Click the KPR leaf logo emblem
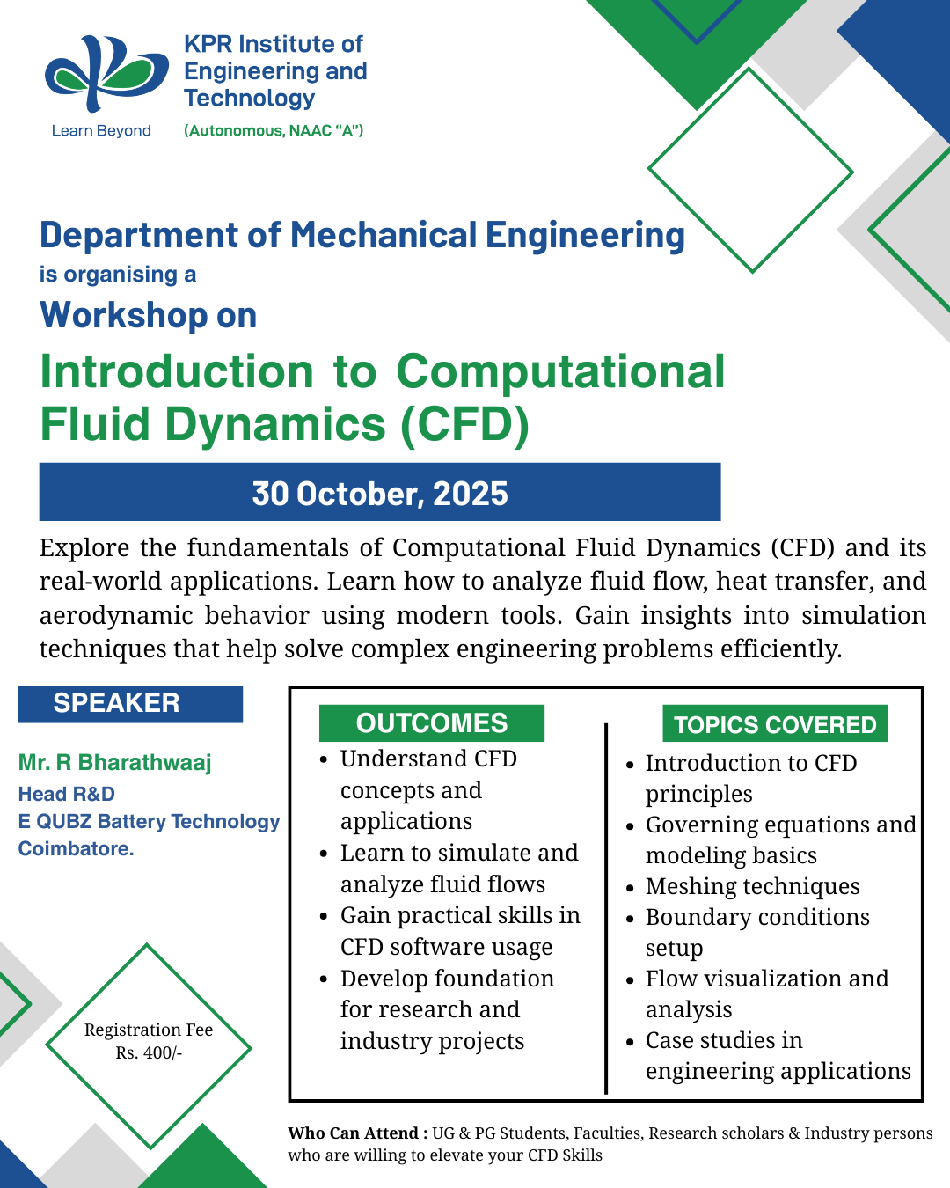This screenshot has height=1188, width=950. point(106,74)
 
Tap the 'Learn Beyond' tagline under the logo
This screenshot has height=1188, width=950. point(101,131)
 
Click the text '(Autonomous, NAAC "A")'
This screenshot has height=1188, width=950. point(274,131)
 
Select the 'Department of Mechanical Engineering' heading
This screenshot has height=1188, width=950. point(362,236)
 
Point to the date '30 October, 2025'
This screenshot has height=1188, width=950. point(380,494)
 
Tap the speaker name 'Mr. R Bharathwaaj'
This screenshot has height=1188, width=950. point(115,762)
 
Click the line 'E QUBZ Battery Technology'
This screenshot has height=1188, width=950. point(149,821)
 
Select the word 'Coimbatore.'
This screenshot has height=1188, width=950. point(77,848)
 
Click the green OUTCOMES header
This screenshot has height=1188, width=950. point(432,723)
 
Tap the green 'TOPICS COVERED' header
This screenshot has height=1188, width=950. point(775,724)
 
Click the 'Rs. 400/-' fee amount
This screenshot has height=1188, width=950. point(149,1052)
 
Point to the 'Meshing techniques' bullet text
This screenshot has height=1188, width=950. point(752,886)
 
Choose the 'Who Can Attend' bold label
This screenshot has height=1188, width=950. point(353,1133)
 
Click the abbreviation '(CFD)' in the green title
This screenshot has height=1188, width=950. point(464,424)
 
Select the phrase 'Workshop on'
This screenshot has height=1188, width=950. point(149,315)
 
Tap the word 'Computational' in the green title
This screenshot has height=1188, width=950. point(560,371)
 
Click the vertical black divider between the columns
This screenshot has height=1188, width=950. point(606,906)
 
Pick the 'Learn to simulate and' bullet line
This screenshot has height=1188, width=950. point(459,853)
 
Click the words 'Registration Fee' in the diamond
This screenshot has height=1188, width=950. point(149,1030)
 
